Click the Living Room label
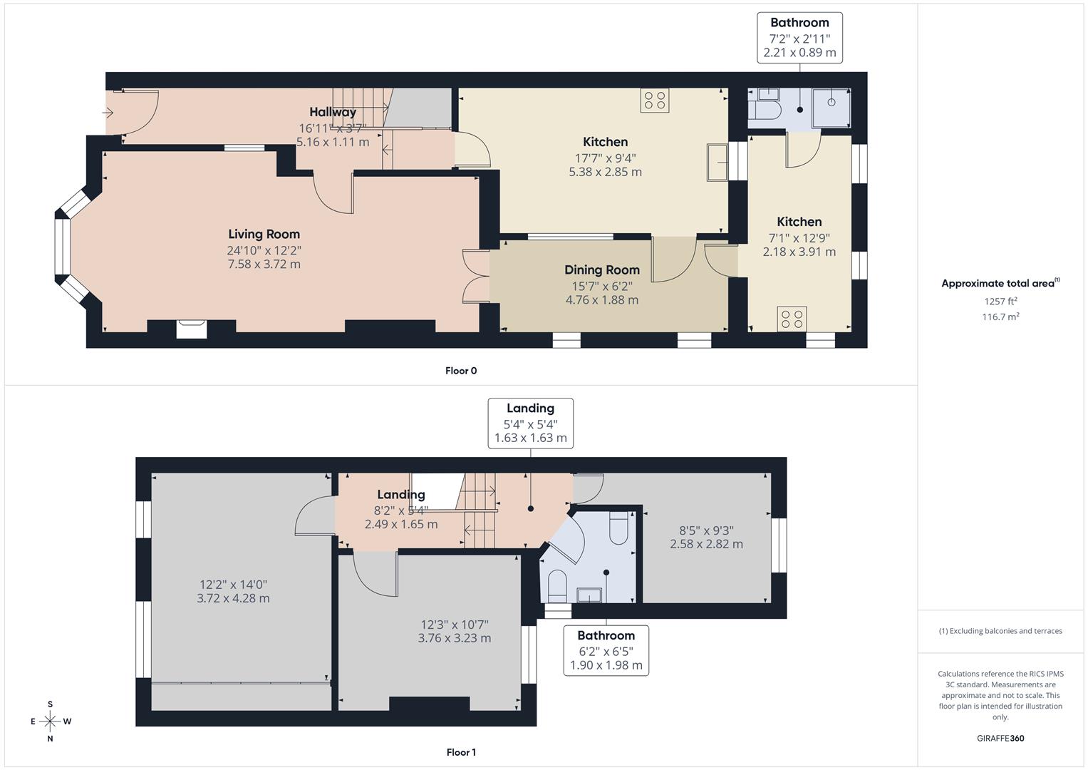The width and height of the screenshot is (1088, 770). click(x=264, y=235)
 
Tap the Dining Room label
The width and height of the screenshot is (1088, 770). click(x=601, y=270)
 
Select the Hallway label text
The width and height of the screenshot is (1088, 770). click(x=332, y=112)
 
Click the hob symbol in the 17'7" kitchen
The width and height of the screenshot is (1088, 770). click(x=654, y=101)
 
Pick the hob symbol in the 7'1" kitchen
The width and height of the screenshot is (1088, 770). click(x=792, y=318)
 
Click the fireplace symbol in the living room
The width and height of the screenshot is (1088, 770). click(x=192, y=329)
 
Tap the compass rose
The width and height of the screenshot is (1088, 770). click(x=50, y=721)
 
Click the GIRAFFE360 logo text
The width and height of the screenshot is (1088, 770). click(x=1000, y=738)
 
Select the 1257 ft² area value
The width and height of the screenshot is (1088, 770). click(x=1000, y=301)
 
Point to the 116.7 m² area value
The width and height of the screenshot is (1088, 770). click(x=1000, y=317)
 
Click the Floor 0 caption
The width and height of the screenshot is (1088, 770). click(x=460, y=371)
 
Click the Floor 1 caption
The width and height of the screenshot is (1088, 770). click(x=460, y=752)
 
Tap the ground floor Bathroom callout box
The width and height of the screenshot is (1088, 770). click(x=799, y=38)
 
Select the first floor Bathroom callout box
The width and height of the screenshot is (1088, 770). click(x=606, y=650)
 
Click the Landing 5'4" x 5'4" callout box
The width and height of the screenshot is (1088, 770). click(x=530, y=423)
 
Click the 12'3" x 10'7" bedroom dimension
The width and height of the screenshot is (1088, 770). click(x=454, y=631)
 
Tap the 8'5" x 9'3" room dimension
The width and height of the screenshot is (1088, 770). click(x=705, y=537)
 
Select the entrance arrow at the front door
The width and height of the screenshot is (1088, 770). click(x=108, y=113)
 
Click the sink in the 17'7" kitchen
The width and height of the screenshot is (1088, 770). click(x=717, y=163)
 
